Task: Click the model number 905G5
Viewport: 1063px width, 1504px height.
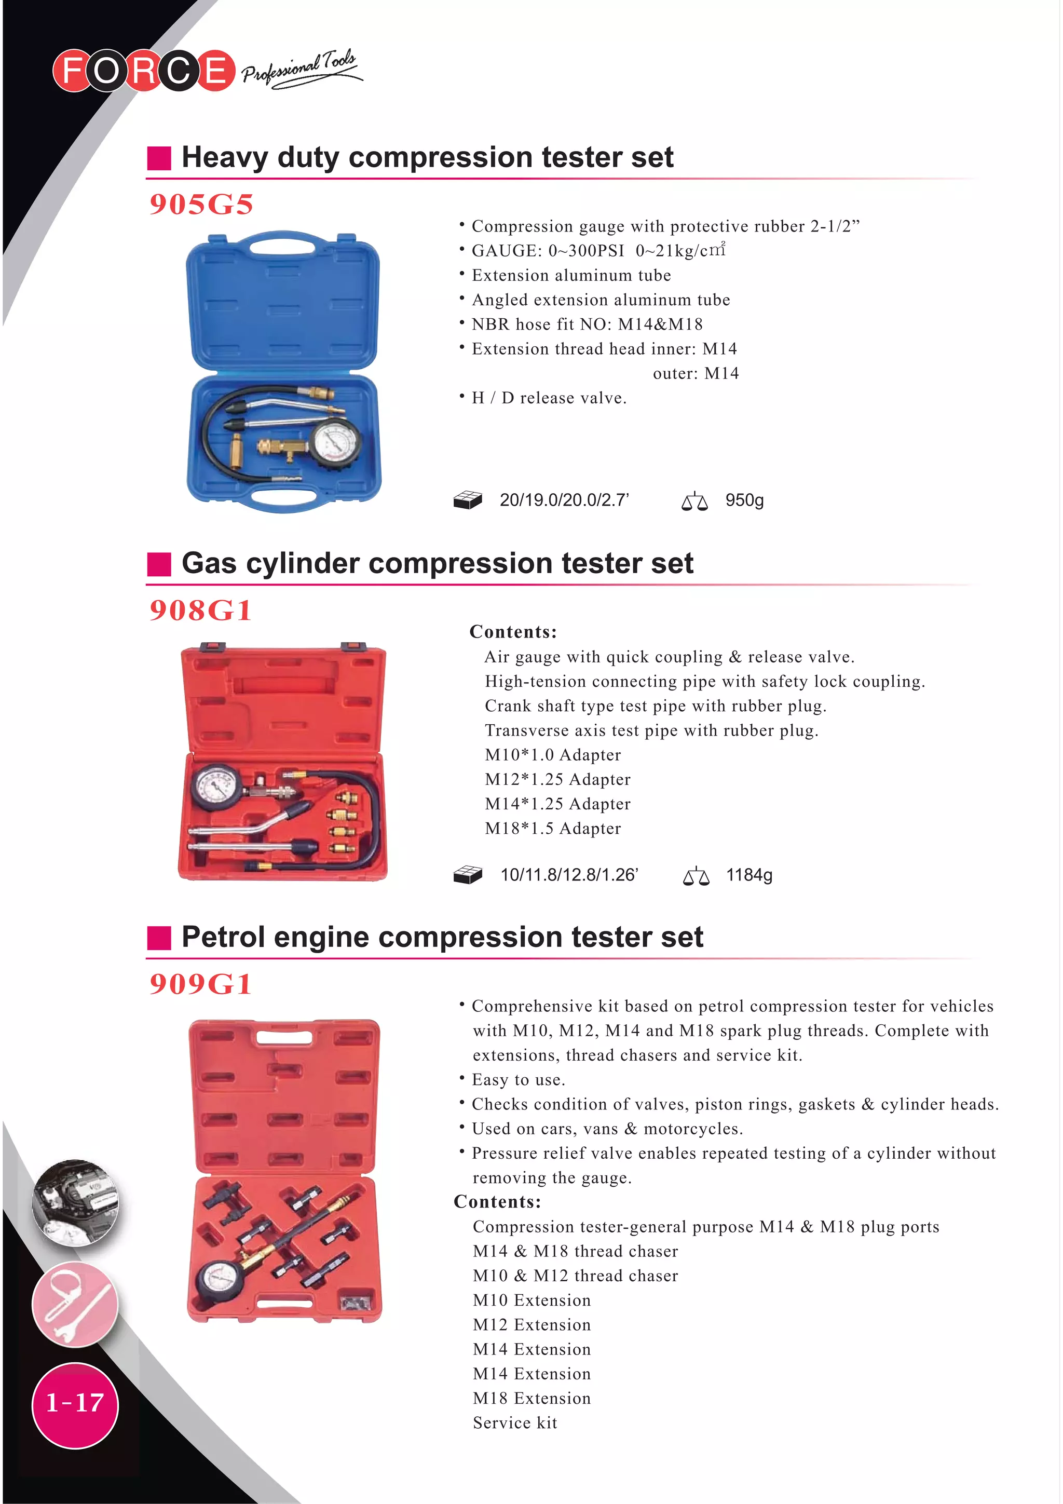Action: coord(201,205)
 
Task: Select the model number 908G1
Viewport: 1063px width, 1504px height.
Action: coord(200,611)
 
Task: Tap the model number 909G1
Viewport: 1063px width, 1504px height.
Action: coord(200,984)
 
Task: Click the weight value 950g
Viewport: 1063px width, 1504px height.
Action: coord(744,500)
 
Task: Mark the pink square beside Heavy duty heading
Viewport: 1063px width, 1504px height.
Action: coord(159,158)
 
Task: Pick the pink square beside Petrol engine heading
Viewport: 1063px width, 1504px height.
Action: coord(159,938)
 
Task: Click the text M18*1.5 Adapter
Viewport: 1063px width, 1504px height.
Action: coord(553,829)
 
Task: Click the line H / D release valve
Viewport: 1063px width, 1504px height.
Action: coord(549,398)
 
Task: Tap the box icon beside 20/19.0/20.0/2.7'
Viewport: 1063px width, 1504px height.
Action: coord(468,500)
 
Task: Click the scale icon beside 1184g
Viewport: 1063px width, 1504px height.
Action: coord(696,876)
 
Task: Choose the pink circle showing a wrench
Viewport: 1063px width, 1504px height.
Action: coord(75,1304)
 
